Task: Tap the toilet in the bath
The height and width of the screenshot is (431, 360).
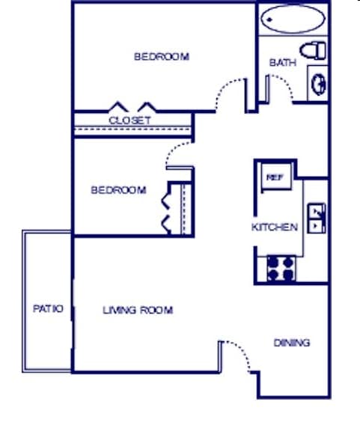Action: pos(317,51)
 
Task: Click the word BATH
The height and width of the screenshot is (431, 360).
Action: pos(282,63)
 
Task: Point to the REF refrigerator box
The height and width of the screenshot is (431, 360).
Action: pos(274,177)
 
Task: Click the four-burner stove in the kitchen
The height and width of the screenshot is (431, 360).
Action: pos(281,268)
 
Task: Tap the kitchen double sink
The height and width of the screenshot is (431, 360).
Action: pos(317,218)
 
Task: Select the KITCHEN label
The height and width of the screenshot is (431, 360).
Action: pos(275,227)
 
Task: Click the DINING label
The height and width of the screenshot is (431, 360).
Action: pos(291,343)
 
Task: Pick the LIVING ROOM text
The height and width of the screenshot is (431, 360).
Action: pos(138,310)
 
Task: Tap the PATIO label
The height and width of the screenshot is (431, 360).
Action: pos(48,308)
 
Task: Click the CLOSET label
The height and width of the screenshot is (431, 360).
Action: pos(129,120)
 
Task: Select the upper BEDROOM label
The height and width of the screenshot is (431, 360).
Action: pos(161,56)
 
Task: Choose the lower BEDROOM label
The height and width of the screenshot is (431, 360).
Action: pos(118,190)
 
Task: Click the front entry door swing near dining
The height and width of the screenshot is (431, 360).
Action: pos(236,354)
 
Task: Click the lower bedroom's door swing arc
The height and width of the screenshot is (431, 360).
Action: pos(178,153)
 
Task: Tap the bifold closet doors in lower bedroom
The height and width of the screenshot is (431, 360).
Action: pos(168,208)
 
